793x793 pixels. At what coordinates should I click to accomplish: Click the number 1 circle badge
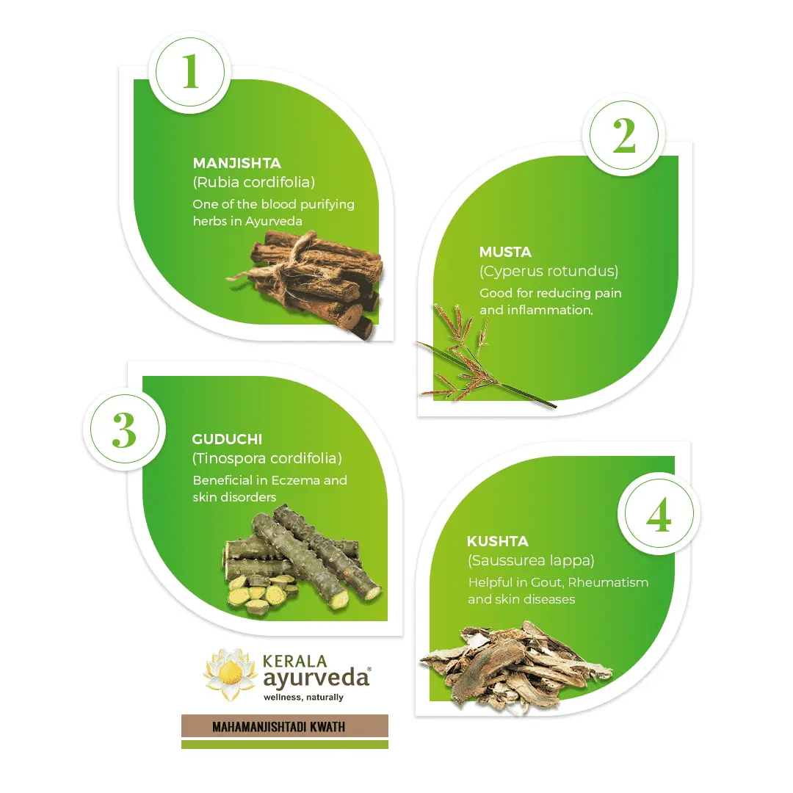(x=190, y=72)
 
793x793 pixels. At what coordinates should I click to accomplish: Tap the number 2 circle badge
(x=624, y=135)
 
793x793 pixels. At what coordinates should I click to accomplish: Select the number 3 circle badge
(x=124, y=430)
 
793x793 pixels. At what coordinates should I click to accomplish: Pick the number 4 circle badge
(x=659, y=514)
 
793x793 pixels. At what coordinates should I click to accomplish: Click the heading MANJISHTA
(x=236, y=163)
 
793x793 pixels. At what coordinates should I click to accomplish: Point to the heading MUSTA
(x=505, y=252)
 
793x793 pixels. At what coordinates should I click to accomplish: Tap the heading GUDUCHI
(x=227, y=439)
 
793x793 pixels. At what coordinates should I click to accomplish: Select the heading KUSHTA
(x=498, y=541)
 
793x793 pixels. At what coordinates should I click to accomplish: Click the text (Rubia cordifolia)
(x=254, y=182)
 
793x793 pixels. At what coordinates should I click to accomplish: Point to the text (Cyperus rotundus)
(x=548, y=271)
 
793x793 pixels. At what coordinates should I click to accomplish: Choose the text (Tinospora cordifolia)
(x=267, y=458)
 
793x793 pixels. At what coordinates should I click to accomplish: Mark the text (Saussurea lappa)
(x=531, y=560)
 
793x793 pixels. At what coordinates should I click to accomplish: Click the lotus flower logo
(x=230, y=674)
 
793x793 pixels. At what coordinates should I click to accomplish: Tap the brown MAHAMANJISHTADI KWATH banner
(x=285, y=726)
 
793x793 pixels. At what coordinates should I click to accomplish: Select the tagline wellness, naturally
(x=303, y=697)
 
